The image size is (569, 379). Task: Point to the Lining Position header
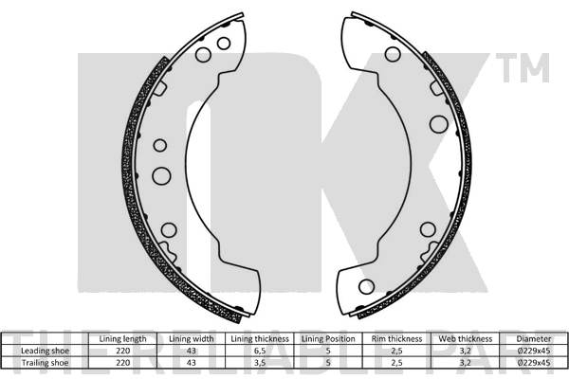tap(328, 338)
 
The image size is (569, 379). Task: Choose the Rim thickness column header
tap(397, 338)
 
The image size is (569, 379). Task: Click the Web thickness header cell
tap(465, 338)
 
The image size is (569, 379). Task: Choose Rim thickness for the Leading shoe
tap(397, 350)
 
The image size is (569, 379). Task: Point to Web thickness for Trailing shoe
tap(465, 361)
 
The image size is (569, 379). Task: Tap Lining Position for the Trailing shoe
tap(328, 361)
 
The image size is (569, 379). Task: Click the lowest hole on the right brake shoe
tap(365, 285)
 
